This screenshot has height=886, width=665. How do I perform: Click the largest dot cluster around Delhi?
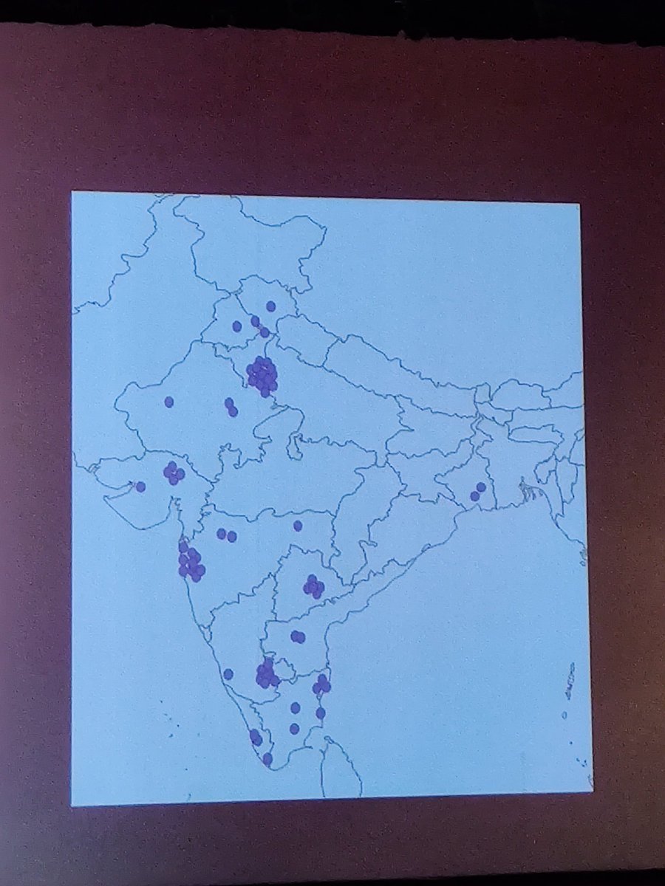point(262,374)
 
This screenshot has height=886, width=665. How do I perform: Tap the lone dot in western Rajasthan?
point(168,402)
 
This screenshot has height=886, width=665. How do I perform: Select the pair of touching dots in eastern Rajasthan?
point(231,408)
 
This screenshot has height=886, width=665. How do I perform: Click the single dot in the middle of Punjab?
point(237,326)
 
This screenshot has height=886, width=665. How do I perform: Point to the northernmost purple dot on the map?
point(270,306)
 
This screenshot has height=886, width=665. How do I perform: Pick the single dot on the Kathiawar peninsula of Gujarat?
point(140,487)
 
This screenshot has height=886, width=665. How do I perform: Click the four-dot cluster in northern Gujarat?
point(174,473)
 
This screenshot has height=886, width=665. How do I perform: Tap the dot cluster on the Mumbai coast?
point(191,563)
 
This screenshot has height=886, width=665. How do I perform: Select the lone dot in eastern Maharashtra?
point(298,526)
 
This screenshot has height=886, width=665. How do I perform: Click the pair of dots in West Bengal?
point(478,492)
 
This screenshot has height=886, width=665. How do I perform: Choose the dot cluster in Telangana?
point(313,587)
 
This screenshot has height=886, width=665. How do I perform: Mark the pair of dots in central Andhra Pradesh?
point(297,636)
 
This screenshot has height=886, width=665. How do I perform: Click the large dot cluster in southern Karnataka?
point(266,674)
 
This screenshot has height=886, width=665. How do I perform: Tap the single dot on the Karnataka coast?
point(228,673)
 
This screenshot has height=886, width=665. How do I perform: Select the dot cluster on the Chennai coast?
point(321,684)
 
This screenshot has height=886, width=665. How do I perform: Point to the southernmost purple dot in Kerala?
point(267,758)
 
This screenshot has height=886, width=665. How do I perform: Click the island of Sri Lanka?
point(341,772)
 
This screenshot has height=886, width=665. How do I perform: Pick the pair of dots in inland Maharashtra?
point(226,535)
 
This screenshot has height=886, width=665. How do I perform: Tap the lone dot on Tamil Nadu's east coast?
point(321,713)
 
